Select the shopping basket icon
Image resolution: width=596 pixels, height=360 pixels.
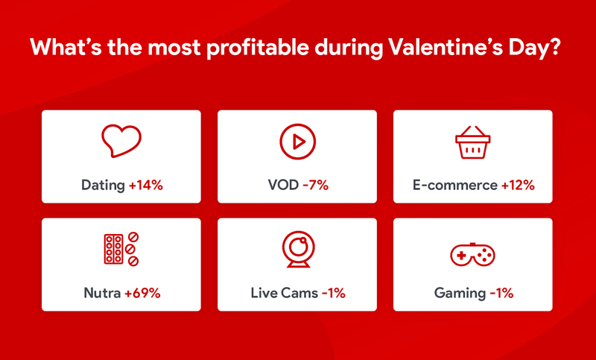point(472,142)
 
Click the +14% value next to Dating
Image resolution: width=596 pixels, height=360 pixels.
point(146,186)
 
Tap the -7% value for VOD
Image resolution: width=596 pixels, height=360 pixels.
point(315,186)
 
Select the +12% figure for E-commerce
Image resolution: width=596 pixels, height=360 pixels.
point(518,186)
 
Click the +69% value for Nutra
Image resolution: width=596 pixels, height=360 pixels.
point(142,293)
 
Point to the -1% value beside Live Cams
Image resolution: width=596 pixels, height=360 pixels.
point(333,293)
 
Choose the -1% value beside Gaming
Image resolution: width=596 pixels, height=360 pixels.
point(501,293)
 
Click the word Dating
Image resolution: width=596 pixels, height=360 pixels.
point(103,186)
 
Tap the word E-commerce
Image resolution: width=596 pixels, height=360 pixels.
point(455,186)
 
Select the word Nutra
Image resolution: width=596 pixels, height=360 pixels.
point(102,293)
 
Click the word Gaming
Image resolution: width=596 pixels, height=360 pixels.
point(460,294)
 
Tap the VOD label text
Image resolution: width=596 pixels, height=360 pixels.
point(283,186)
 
